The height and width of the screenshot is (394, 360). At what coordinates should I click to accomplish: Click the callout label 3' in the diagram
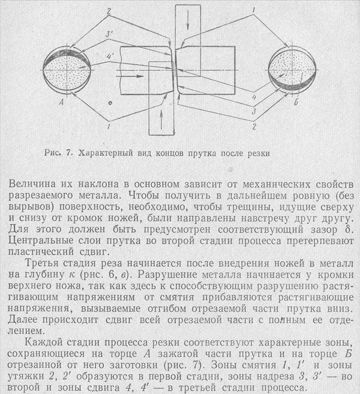point(109,35)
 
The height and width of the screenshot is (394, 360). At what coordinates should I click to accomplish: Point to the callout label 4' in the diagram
point(108,56)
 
